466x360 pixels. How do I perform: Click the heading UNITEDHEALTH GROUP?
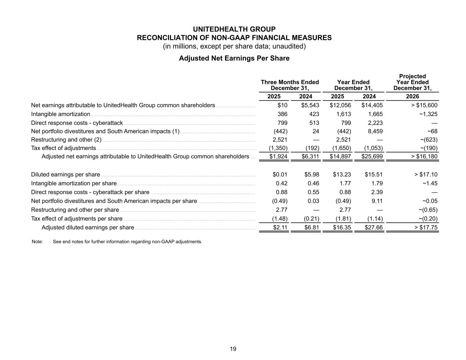(x=234, y=29)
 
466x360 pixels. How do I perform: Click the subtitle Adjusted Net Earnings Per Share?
(x=234, y=58)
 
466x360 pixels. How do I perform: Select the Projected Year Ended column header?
(x=412, y=82)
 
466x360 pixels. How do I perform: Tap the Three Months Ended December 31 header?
(x=290, y=85)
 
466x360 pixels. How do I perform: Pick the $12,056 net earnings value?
(x=340, y=105)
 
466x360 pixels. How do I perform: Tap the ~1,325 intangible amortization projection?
(x=428, y=114)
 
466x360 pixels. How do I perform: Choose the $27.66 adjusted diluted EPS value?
(x=373, y=228)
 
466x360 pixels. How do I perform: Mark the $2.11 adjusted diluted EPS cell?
(x=280, y=228)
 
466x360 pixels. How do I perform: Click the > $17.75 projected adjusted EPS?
(x=426, y=228)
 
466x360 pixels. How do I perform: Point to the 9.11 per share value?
(x=377, y=201)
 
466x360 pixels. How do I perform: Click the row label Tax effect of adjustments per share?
(x=76, y=219)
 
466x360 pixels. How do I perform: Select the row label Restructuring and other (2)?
(x=66, y=140)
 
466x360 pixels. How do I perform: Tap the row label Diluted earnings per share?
(x=65, y=175)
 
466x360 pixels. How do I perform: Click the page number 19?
(x=233, y=349)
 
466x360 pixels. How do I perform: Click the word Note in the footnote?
(x=37, y=242)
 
